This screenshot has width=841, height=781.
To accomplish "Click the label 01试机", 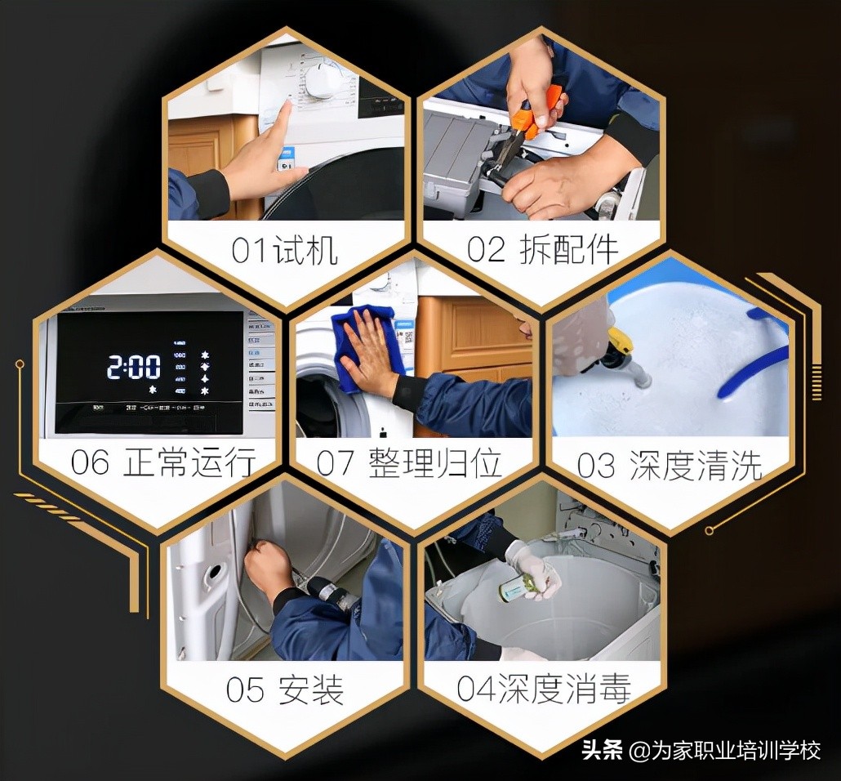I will click(x=284, y=251).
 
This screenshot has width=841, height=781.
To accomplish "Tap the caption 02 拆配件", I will click(x=542, y=250).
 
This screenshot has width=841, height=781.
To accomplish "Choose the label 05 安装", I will click(x=284, y=690).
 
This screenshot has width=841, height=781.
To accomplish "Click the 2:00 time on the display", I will click(x=134, y=368).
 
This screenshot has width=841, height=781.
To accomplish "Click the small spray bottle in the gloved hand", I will click(x=516, y=587).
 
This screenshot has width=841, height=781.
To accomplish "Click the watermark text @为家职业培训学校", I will click(x=726, y=749).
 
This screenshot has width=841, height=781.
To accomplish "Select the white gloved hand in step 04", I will click(x=536, y=567).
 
